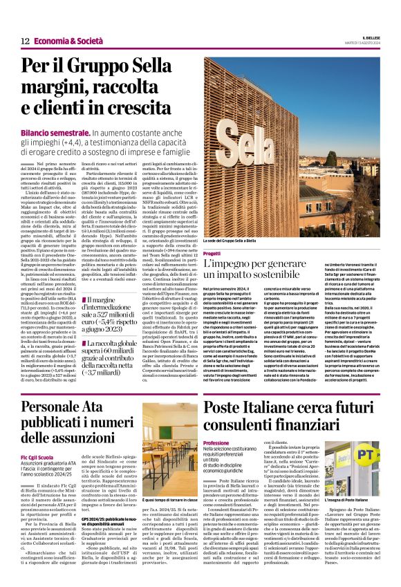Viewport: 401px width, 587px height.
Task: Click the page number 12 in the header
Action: (x=25, y=41)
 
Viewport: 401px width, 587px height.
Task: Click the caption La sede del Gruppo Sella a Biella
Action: (x=239, y=241)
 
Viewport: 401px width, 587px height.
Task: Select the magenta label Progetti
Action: (x=212, y=254)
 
